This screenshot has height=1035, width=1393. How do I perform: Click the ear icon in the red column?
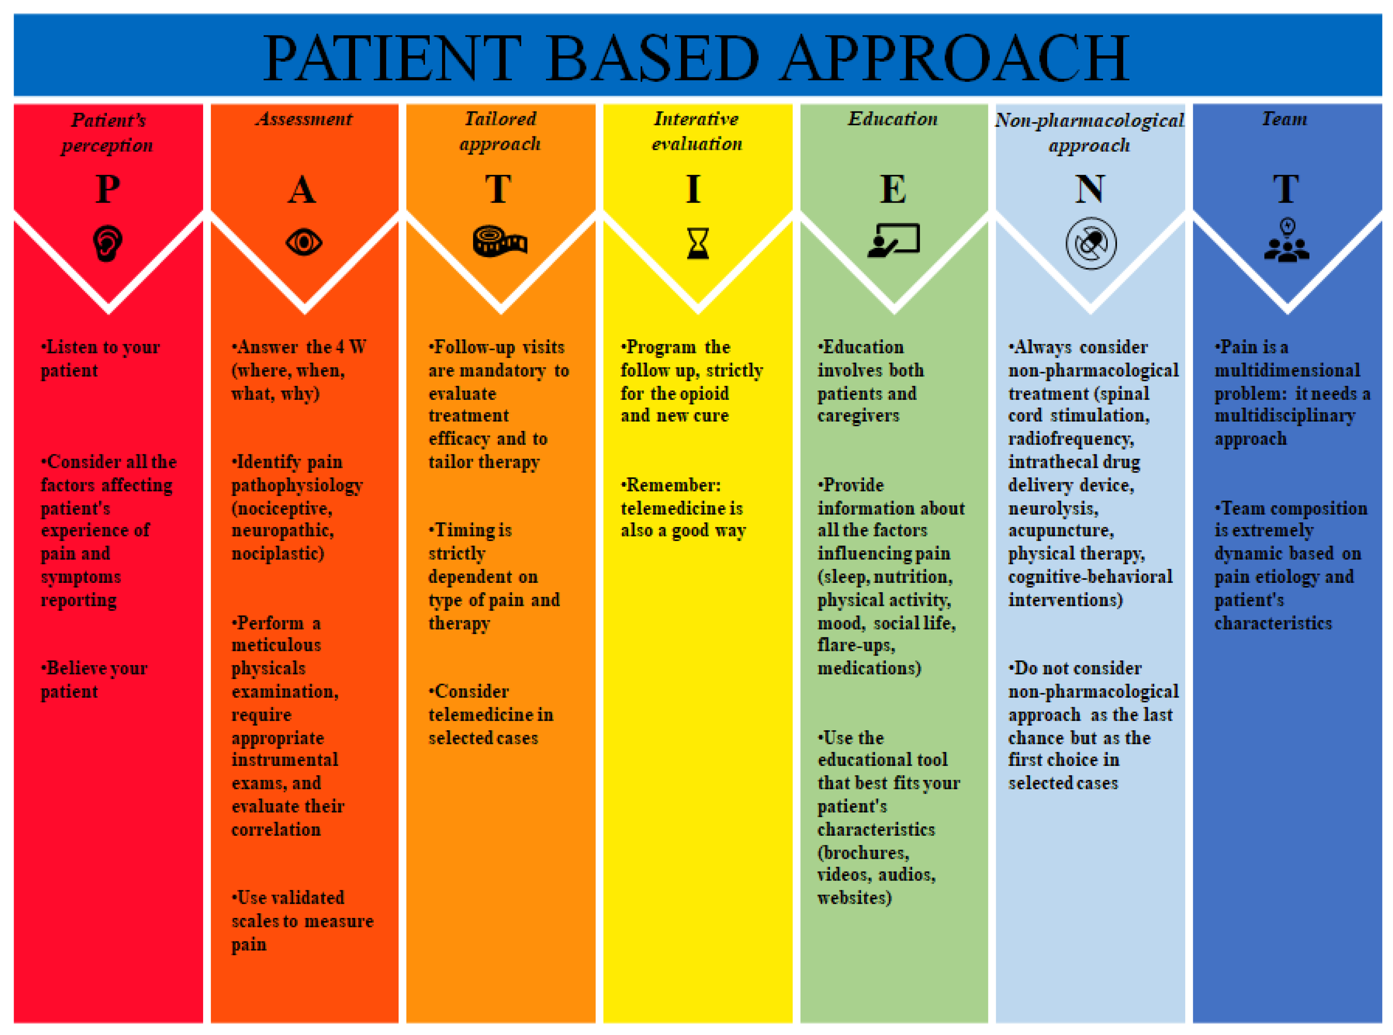click(x=107, y=243)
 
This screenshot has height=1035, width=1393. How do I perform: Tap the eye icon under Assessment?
click(x=304, y=242)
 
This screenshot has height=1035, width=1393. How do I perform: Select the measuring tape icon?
click(x=500, y=241)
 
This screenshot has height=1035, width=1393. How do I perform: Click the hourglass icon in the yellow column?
click(x=698, y=243)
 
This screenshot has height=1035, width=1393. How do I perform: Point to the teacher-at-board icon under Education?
click(x=893, y=241)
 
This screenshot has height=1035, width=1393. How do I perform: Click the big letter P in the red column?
click(x=108, y=189)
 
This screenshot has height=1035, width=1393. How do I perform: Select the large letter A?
click(x=302, y=189)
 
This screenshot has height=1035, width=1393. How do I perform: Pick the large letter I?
click(x=693, y=189)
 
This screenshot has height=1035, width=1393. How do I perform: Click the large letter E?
click(x=893, y=189)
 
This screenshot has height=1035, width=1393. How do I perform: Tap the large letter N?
click(x=1090, y=189)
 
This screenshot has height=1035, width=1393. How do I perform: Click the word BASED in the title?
click(x=652, y=58)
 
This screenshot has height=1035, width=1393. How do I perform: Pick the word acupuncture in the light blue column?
click(x=1060, y=530)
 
